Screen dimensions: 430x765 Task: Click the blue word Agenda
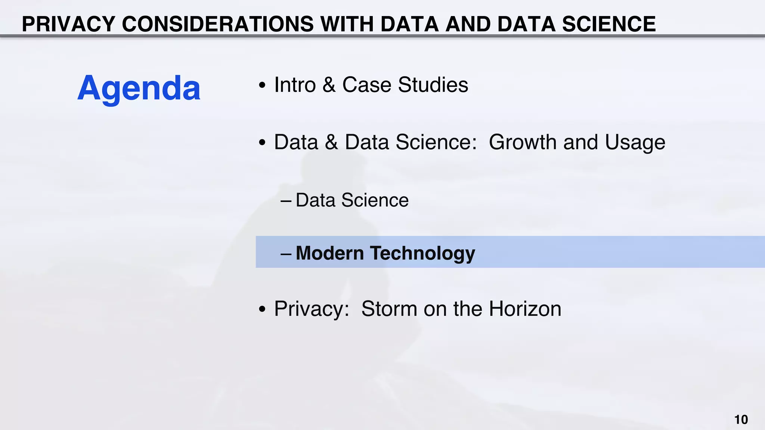tap(139, 88)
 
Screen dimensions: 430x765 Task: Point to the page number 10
tap(741, 420)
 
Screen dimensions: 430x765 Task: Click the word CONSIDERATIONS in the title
tap(218, 24)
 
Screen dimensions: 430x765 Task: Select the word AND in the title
tap(468, 24)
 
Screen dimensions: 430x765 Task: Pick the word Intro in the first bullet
tap(295, 85)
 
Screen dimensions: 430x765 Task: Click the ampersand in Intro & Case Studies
tap(329, 85)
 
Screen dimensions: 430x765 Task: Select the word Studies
tap(433, 85)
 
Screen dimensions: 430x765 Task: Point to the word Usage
tap(635, 142)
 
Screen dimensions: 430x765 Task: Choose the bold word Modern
tap(329, 253)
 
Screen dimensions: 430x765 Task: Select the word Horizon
tap(525, 309)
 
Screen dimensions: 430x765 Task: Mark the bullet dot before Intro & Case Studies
tap(262, 85)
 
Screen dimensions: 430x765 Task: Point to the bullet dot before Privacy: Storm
tap(262, 309)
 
